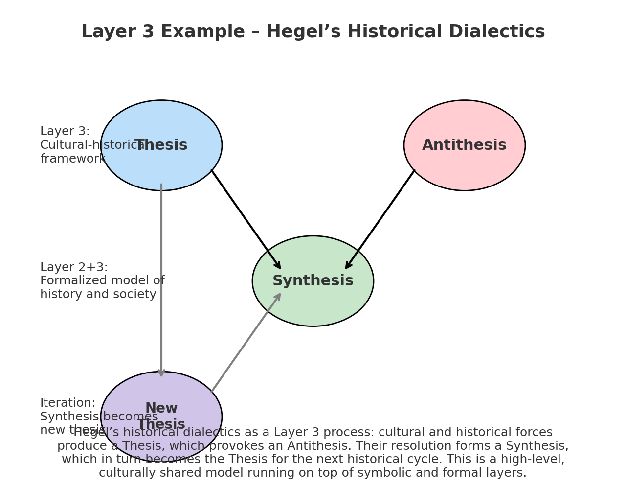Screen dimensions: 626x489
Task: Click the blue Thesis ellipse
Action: click(x=161, y=122)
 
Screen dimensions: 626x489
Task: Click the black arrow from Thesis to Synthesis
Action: click(x=246, y=219)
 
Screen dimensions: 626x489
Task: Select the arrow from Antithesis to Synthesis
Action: click(x=380, y=219)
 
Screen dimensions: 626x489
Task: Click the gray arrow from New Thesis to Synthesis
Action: click(x=246, y=343)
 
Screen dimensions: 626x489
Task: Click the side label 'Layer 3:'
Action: click(x=65, y=132)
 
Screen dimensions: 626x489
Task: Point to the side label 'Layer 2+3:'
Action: click(x=74, y=268)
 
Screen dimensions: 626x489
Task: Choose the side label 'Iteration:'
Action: click(x=67, y=403)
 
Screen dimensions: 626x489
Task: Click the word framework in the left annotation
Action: click(x=72, y=159)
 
